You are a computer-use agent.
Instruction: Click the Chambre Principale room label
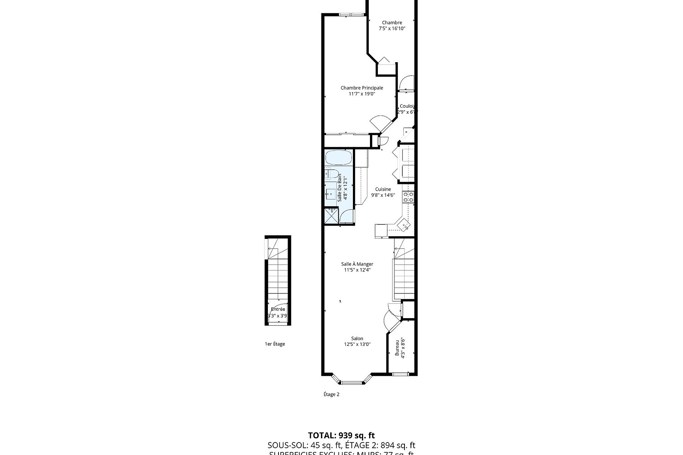click(362, 88)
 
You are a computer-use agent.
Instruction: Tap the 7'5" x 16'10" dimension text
click(392, 28)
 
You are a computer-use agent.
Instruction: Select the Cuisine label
click(383, 189)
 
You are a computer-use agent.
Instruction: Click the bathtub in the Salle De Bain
click(338, 157)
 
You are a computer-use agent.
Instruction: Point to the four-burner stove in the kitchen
click(408, 196)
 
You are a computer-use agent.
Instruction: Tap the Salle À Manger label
click(357, 264)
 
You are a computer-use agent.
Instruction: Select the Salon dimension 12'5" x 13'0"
click(357, 344)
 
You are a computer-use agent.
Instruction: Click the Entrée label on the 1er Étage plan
click(278, 309)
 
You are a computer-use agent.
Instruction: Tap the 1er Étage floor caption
click(275, 344)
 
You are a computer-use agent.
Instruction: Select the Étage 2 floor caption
click(331, 394)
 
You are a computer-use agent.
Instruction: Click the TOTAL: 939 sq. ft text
click(341, 435)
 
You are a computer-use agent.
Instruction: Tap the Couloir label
click(407, 106)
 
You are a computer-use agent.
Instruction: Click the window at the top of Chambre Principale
click(351, 14)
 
